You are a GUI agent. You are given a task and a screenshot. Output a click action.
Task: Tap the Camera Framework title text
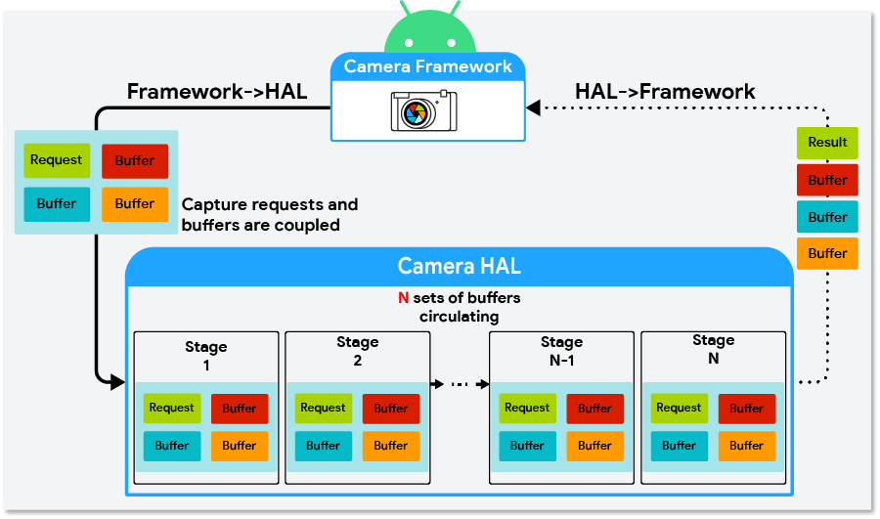point(428,67)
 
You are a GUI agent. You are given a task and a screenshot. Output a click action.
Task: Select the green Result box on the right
point(827,143)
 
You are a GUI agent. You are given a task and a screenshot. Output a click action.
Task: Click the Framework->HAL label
point(217,93)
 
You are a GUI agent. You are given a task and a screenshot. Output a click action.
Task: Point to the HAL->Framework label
point(665,92)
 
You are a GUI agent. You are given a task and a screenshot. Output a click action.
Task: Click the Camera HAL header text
point(459,266)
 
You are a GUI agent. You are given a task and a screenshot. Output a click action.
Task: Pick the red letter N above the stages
point(402,298)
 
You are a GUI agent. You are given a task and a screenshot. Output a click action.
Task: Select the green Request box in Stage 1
point(172,409)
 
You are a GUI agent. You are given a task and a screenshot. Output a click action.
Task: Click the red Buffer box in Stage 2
point(391,409)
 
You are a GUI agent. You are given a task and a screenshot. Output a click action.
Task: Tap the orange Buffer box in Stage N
point(747,446)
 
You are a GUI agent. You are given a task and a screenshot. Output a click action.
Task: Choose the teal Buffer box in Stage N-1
point(527,446)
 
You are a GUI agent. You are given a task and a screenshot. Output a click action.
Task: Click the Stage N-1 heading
point(561,351)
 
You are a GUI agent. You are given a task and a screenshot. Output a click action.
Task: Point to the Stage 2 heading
point(357,351)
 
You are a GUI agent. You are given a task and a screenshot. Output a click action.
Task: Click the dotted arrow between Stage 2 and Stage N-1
point(460,384)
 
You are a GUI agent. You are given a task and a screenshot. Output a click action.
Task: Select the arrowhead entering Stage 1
point(120,377)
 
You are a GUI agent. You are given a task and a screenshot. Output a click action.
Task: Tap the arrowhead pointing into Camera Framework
point(533,107)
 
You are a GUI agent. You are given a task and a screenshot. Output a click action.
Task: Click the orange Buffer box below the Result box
point(827,253)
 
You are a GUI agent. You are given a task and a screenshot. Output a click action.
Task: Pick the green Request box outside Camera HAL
point(56,160)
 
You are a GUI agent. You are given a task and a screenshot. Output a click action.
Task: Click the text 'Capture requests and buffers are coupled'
point(270,215)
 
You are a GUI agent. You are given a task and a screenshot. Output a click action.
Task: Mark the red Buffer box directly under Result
point(827,180)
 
